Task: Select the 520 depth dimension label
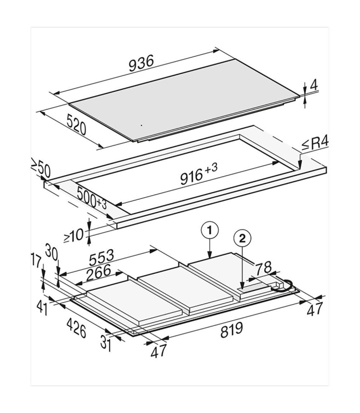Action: [x=76, y=124]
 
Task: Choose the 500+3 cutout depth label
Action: [x=91, y=198]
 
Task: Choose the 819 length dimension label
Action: [x=232, y=330]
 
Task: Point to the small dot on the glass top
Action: [x=142, y=125]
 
